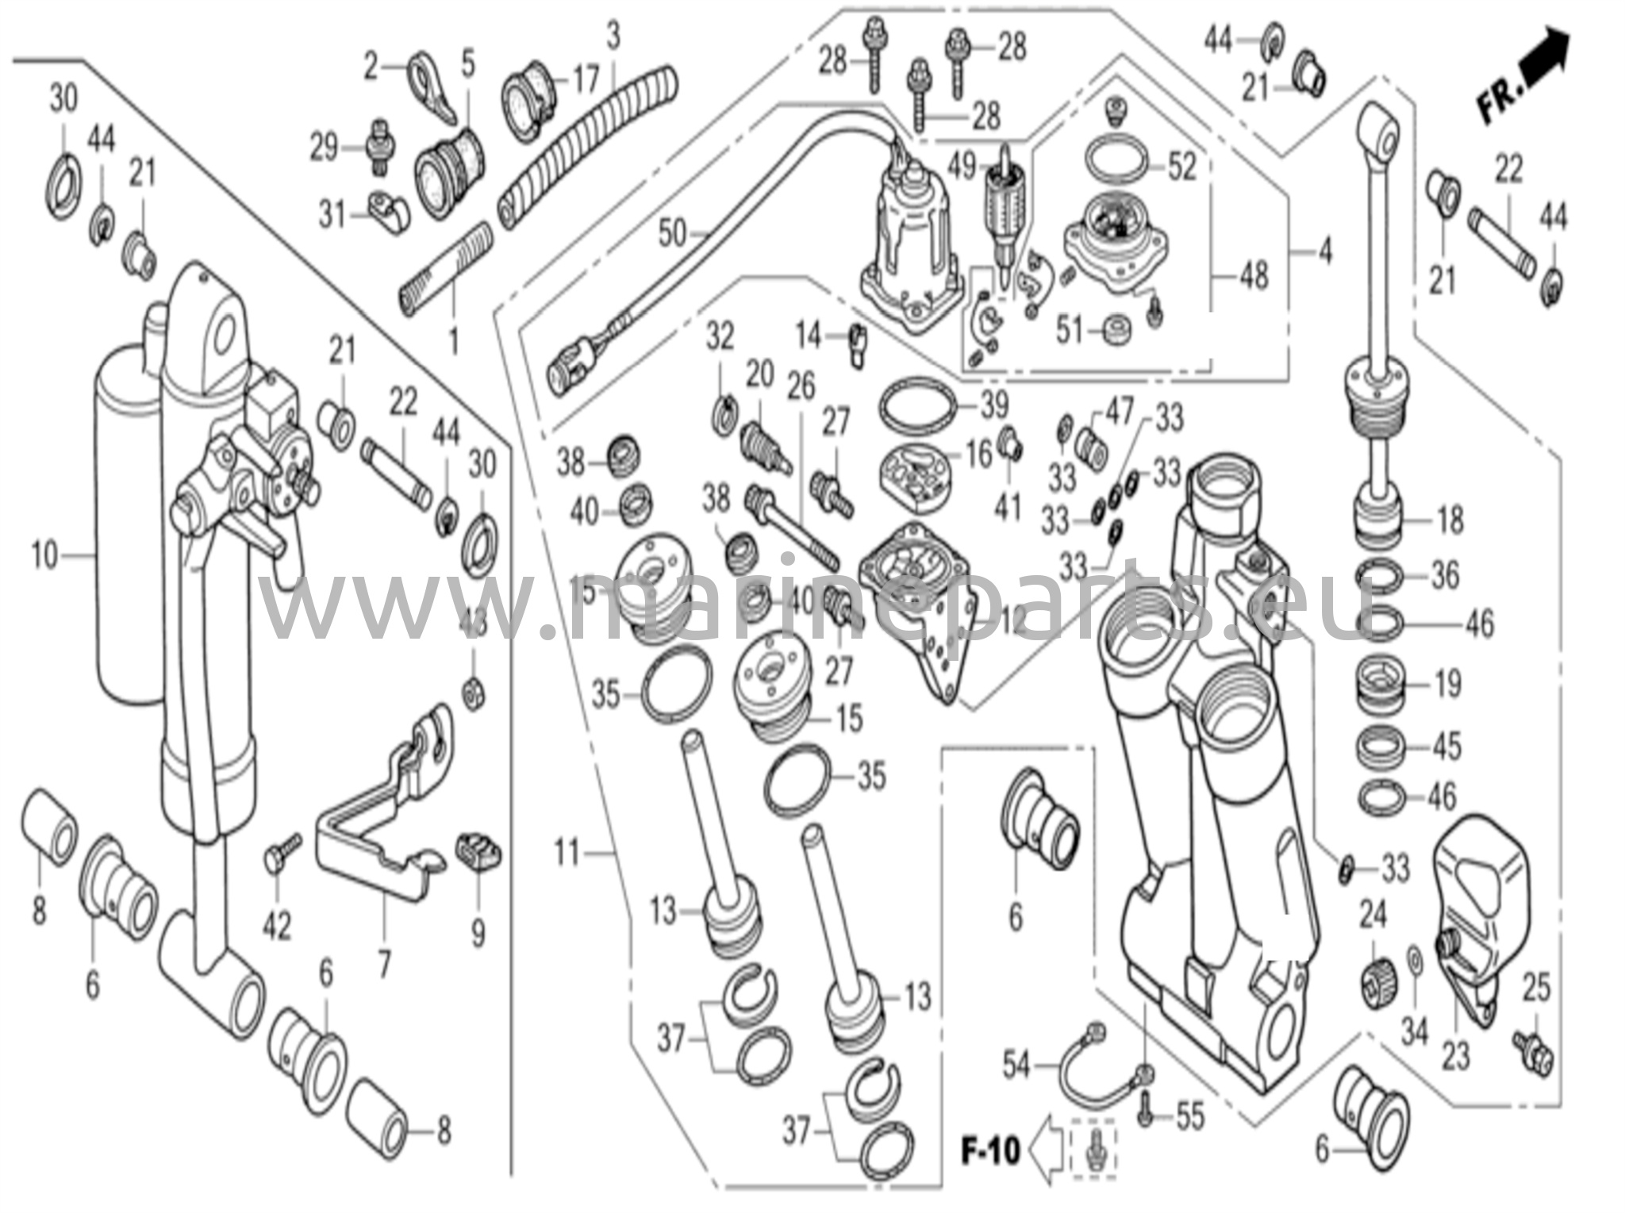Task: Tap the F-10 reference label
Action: [990, 1150]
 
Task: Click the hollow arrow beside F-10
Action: [1046, 1149]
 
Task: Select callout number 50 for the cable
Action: [672, 233]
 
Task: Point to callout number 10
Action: [44, 555]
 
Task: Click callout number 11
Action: [567, 854]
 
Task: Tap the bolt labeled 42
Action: [279, 852]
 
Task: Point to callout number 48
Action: [1253, 277]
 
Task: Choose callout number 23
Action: [1455, 1055]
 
